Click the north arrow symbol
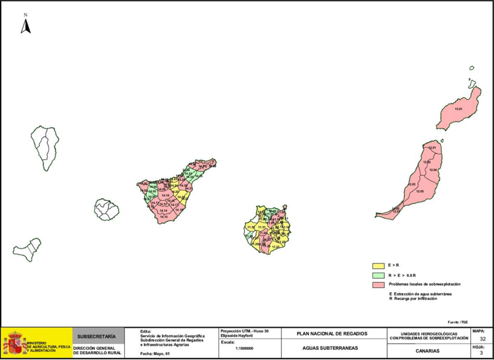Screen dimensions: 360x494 pos(26,27)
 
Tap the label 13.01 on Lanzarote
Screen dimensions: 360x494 pos(458,109)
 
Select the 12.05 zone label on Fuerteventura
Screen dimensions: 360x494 pos(420,192)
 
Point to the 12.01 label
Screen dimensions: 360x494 pos(432,147)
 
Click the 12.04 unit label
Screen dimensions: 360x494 pos(433,170)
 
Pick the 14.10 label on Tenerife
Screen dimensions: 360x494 pos(165,195)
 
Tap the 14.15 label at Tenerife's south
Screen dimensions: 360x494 pos(164,217)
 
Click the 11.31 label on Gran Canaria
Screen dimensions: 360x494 pos(261,227)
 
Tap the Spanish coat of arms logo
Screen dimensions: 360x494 pos(14,343)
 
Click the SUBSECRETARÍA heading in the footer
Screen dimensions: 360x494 pos(97,336)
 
